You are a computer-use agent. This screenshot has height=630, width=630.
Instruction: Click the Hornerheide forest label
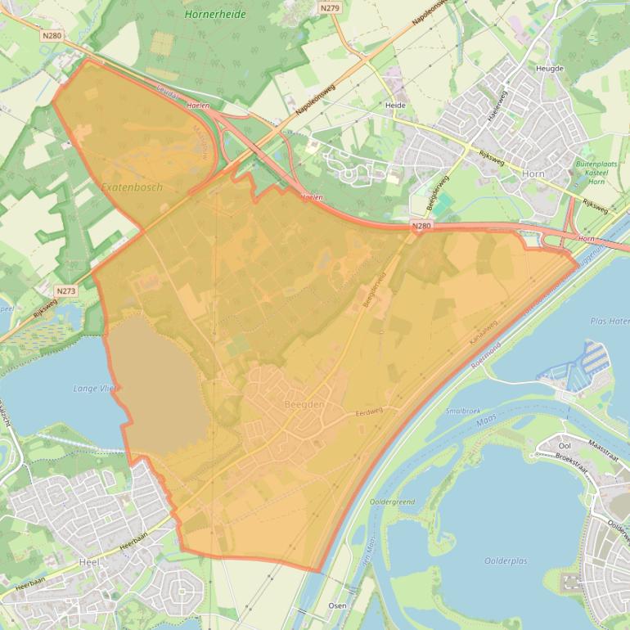tap(215, 14)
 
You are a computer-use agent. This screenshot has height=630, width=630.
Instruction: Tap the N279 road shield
tap(330, 8)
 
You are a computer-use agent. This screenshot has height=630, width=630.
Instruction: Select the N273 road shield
tap(66, 290)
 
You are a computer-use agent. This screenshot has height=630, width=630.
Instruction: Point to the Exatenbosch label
tap(132, 187)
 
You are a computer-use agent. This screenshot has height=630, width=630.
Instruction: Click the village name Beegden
tap(304, 405)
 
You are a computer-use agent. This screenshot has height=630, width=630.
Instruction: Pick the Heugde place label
tap(549, 69)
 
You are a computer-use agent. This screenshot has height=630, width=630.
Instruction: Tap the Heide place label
tap(395, 106)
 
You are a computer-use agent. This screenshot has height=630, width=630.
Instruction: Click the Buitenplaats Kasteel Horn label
tap(596, 172)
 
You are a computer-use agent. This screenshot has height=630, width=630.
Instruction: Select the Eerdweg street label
tap(369, 414)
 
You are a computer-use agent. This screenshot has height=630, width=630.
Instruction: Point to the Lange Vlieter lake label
tap(96, 389)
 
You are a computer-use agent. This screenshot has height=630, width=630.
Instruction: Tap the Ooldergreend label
tap(392, 502)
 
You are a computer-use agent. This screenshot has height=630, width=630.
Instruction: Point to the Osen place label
tap(336, 606)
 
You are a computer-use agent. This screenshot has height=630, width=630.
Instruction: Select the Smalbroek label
tap(463, 412)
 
